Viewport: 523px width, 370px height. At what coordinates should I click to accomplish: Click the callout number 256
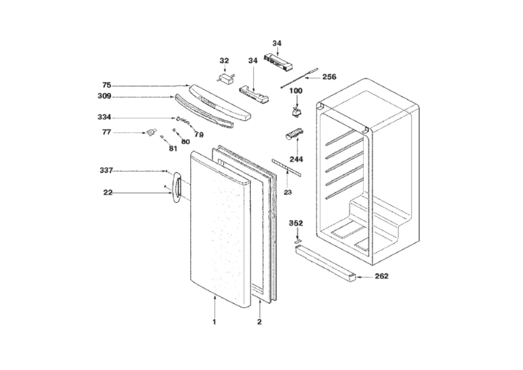pyautogui.click(x=329, y=77)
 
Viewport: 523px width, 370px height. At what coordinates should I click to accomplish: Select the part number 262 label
pyautogui.click(x=382, y=276)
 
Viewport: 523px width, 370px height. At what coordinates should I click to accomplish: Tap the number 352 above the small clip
pyautogui.click(x=296, y=223)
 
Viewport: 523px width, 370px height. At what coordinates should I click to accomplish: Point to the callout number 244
pyautogui.click(x=296, y=160)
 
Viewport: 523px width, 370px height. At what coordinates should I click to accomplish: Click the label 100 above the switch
pyautogui.click(x=295, y=91)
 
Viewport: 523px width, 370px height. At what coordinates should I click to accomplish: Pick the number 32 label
pyautogui.click(x=224, y=61)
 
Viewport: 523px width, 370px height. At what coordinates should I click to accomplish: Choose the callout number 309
pyautogui.click(x=105, y=96)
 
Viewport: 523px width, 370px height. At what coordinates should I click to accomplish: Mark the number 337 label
pyautogui.click(x=106, y=171)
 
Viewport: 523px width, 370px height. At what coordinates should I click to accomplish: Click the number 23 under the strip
pyautogui.click(x=288, y=192)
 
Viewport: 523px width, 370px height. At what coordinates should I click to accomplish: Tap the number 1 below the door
pyautogui.click(x=214, y=322)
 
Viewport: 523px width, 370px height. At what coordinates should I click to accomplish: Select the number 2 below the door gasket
pyautogui.click(x=259, y=322)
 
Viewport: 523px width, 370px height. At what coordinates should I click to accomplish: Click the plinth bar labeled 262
pyautogui.click(x=326, y=263)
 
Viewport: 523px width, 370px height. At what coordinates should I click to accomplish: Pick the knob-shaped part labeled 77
pyautogui.click(x=151, y=132)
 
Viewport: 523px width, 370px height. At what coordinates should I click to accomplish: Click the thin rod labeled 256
pyautogui.click(x=299, y=78)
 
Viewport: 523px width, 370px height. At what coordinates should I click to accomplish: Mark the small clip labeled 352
pyautogui.click(x=297, y=239)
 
